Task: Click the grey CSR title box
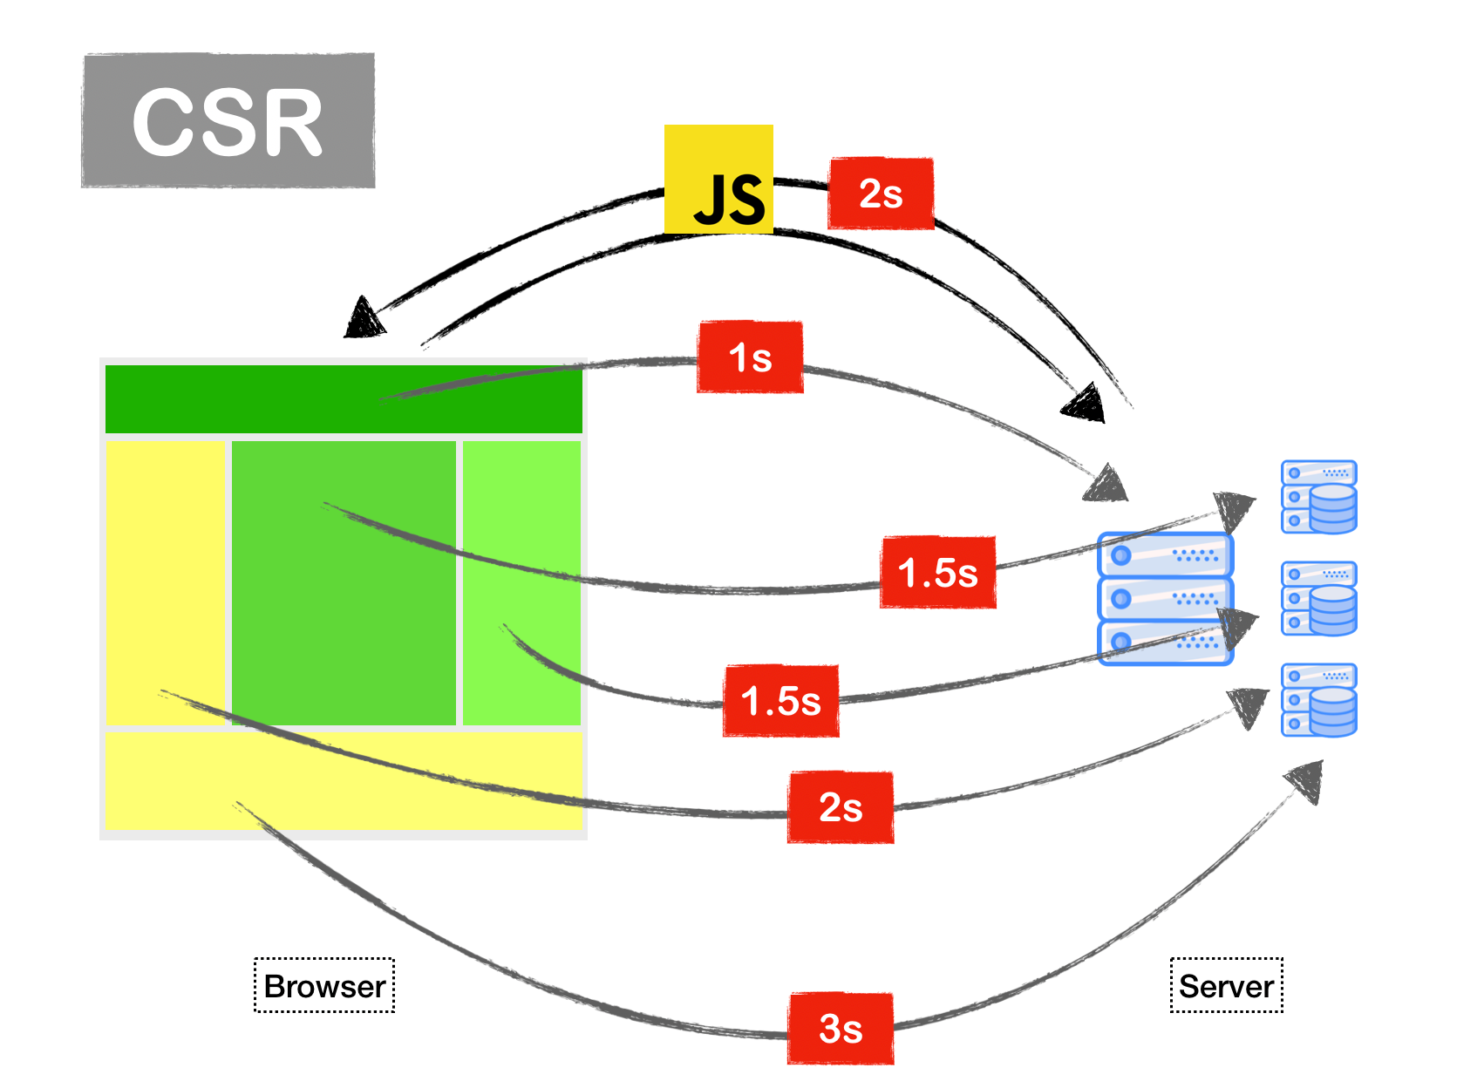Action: click(x=228, y=120)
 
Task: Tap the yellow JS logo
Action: click(x=718, y=179)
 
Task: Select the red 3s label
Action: click(x=841, y=1028)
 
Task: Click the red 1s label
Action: click(x=750, y=357)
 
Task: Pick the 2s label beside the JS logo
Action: click(x=881, y=194)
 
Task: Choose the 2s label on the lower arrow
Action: click(x=841, y=806)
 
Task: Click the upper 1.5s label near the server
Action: click(x=938, y=573)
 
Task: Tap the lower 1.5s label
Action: click(x=780, y=701)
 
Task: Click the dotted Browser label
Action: click(x=324, y=986)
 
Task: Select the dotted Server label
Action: click(x=1226, y=986)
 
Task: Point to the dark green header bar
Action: click(x=344, y=399)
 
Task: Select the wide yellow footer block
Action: click(x=344, y=779)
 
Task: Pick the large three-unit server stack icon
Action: click(x=1165, y=599)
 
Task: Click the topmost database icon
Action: click(x=1319, y=497)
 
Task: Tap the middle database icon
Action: click(x=1319, y=598)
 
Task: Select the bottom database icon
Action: click(x=1319, y=700)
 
